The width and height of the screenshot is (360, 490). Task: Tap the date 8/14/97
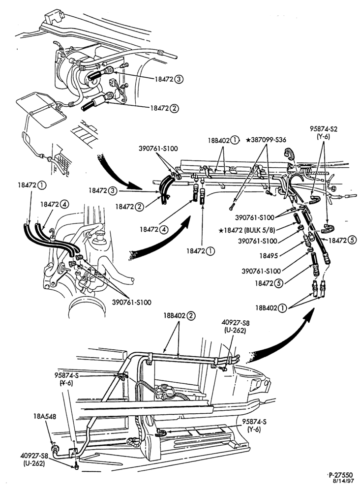tap(344, 480)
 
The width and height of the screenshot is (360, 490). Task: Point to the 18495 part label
tap(269, 255)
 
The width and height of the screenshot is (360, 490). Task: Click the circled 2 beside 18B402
tap(191, 316)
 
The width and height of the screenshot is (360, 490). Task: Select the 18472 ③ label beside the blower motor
tap(169, 79)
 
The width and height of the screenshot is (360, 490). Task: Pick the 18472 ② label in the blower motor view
tap(165, 108)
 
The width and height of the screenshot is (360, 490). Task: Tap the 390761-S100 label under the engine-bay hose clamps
tap(132, 302)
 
